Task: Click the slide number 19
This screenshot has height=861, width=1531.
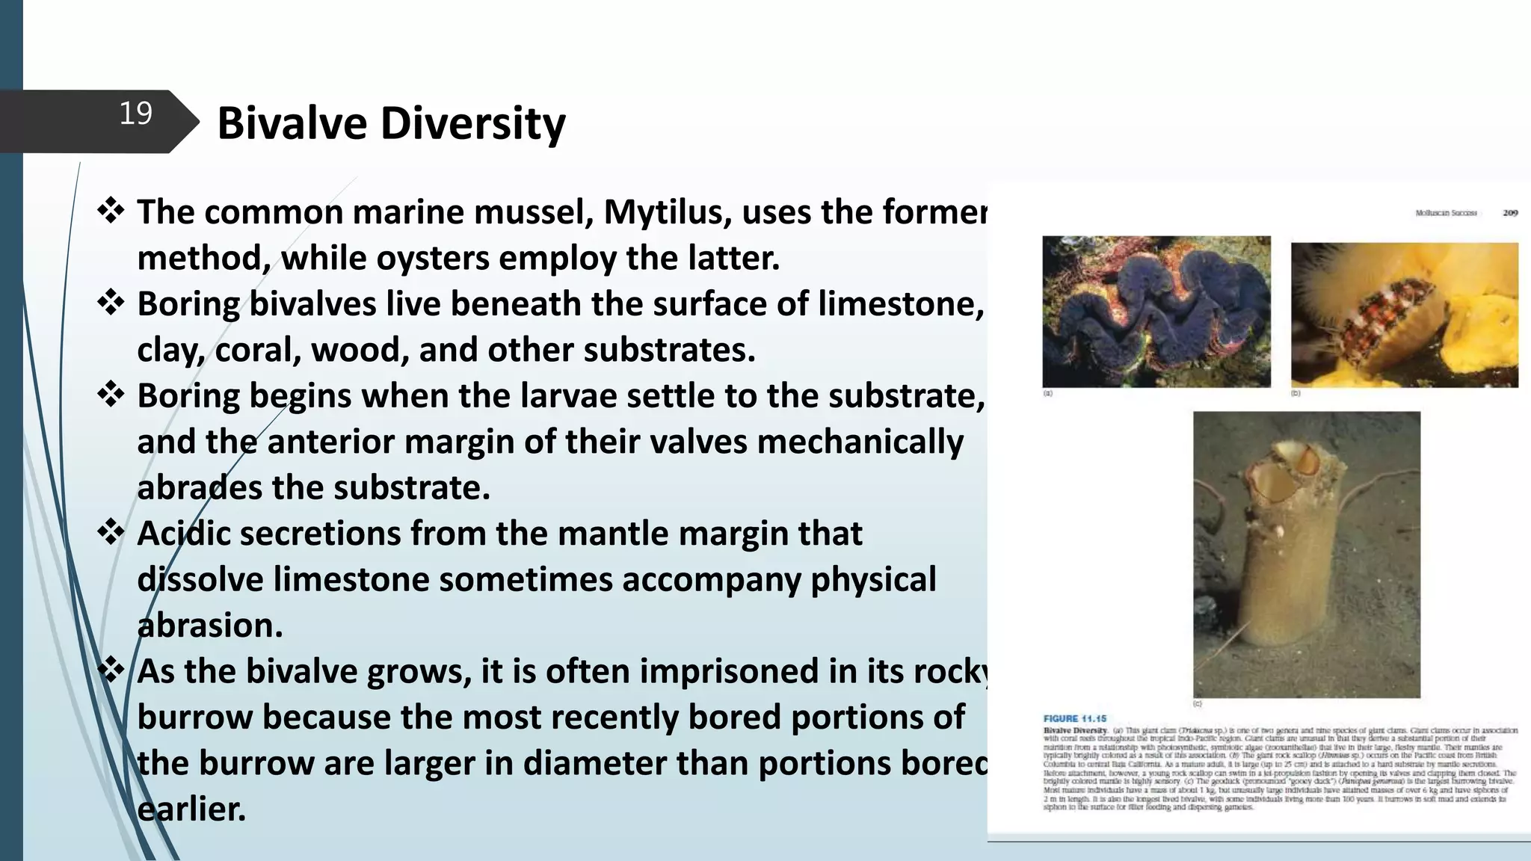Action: click(x=135, y=114)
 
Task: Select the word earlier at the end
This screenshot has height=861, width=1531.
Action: click(x=191, y=809)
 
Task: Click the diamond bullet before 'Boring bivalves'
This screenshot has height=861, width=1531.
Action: click(x=111, y=303)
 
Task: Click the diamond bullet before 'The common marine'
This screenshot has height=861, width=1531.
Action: click(x=111, y=211)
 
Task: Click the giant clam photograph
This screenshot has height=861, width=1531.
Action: click(x=1156, y=312)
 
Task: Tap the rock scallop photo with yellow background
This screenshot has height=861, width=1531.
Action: click(x=1404, y=314)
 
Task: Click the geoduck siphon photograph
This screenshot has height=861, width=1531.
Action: click(x=1306, y=554)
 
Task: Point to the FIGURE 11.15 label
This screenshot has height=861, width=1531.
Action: click(x=1074, y=718)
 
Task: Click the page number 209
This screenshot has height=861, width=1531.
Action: click(x=1509, y=213)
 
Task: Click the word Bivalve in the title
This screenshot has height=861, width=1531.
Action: click(x=293, y=123)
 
